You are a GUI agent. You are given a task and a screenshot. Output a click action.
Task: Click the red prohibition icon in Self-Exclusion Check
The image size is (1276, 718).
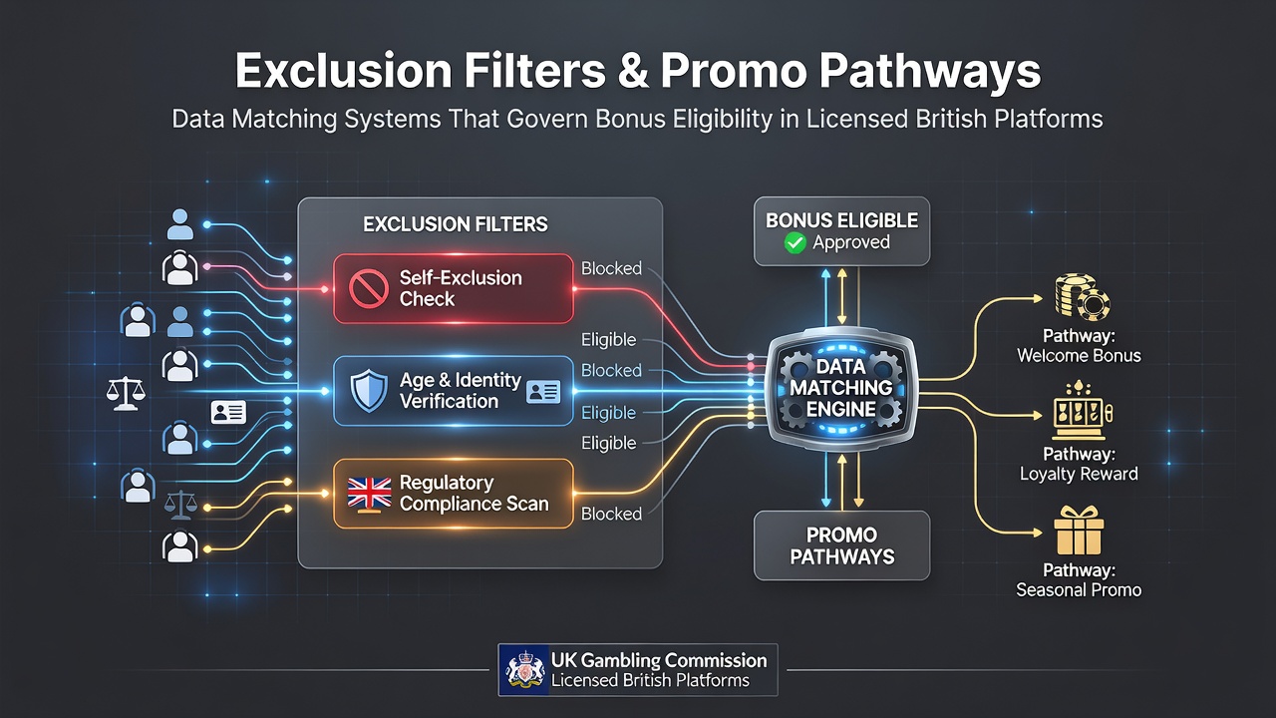(x=368, y=288)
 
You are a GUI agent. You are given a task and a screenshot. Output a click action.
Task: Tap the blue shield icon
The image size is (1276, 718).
(x=369, y=390)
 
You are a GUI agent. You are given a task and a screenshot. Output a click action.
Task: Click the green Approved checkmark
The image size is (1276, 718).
(x=795, y=242)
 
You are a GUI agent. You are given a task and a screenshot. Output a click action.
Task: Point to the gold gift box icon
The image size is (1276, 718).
(x=1079, y=531)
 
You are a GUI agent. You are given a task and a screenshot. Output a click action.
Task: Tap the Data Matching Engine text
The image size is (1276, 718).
(x=840, y=388)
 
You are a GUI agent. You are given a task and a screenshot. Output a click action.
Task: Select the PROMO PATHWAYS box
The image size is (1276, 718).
(x=841, y=545)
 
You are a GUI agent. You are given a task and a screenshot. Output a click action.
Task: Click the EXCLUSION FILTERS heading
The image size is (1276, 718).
(x=456, y=224)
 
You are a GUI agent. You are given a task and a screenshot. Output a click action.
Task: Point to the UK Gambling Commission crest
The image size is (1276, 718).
(x=524, y=670)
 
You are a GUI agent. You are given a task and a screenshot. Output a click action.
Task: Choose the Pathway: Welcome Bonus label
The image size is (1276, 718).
(x=1079, y=345)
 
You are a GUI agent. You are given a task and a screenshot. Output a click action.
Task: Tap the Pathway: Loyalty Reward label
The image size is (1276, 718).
(x=1079, y=464)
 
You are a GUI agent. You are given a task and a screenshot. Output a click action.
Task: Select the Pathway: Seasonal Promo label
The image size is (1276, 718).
(x=1079, y=579)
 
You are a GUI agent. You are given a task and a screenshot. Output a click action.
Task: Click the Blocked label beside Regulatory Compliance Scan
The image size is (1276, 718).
(x=611, y=514)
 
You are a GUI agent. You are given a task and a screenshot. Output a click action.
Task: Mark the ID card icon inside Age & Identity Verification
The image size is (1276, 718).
(x=543, y=392)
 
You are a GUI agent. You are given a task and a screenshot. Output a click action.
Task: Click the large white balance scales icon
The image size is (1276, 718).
(x=126, y=393)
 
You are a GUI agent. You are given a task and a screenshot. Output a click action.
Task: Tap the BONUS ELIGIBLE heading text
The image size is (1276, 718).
(x=841, y=220)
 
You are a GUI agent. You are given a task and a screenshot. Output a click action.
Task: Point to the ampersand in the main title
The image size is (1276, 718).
(x=632, y=71)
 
